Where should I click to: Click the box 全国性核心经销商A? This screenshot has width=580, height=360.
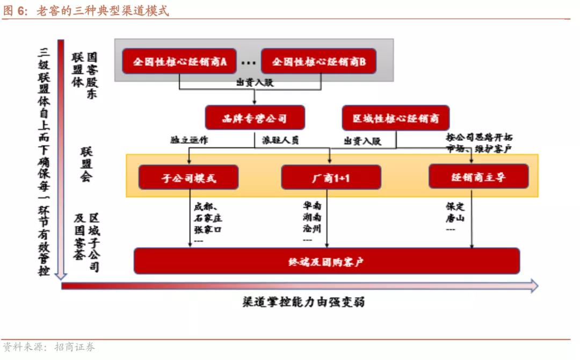click(179, 61)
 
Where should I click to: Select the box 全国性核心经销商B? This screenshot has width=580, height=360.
click(318, 61)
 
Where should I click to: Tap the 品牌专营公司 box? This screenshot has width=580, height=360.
click(255, 118)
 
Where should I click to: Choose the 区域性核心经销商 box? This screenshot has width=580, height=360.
click(396, 118)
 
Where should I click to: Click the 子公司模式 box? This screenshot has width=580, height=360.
click(189, 177)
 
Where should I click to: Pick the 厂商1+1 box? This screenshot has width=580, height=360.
click(331, 177)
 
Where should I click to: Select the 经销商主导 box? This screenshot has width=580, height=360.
click(479, 176)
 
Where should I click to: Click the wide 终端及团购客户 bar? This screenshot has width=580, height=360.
click(327, 261)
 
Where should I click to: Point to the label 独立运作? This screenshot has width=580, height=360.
click(190, 141)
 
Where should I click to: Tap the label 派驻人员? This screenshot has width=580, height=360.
click(280, 141)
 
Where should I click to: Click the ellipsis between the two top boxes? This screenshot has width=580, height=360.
click(248, 62)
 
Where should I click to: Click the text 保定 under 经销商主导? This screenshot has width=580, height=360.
click(455, 206)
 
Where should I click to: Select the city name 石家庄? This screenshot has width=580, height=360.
click(208, 218)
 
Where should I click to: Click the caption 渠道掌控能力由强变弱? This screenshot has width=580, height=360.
click(303, 302)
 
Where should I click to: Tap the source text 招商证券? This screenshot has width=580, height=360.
click(75, 347)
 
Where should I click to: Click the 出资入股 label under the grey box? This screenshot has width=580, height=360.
click(255, 82)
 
